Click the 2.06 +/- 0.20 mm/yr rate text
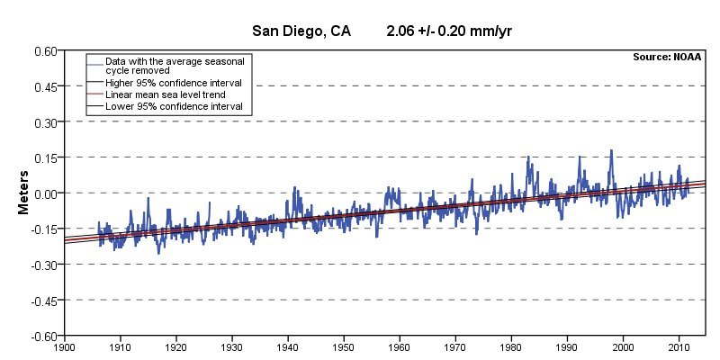(449, 31)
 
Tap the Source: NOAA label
(667, 58)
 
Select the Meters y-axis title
(26, 193)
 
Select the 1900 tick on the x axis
(64, 346)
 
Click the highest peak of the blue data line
(611, 150)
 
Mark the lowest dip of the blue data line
(158, 254)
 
